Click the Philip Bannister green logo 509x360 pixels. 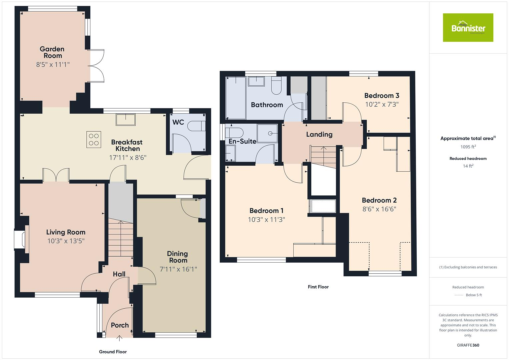(x=468, y=28)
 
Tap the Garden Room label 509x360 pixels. (x=52, y=52)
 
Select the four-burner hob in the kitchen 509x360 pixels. (x=94, y=139)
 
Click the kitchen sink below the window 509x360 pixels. (x=126, y=119)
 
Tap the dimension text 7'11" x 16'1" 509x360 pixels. (x=178, y=269)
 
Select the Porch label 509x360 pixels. (x=120, y=325)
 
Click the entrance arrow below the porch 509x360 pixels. (x=120, y=339)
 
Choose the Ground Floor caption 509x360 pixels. (x=113, y=352)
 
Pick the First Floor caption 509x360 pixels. (x=318, y=287)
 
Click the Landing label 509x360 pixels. (x=319, y=134)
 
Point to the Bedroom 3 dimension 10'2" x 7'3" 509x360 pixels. (x=382, y=104)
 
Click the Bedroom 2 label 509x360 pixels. (x=379, y=200)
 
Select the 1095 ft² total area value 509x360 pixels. (x=468, y=147)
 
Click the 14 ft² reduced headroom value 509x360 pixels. (x=468, y=166)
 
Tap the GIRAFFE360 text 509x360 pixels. (x=468, y=345)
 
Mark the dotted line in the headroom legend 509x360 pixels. (x=459, y=295)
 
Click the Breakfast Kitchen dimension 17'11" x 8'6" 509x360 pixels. (x=128, y=157)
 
